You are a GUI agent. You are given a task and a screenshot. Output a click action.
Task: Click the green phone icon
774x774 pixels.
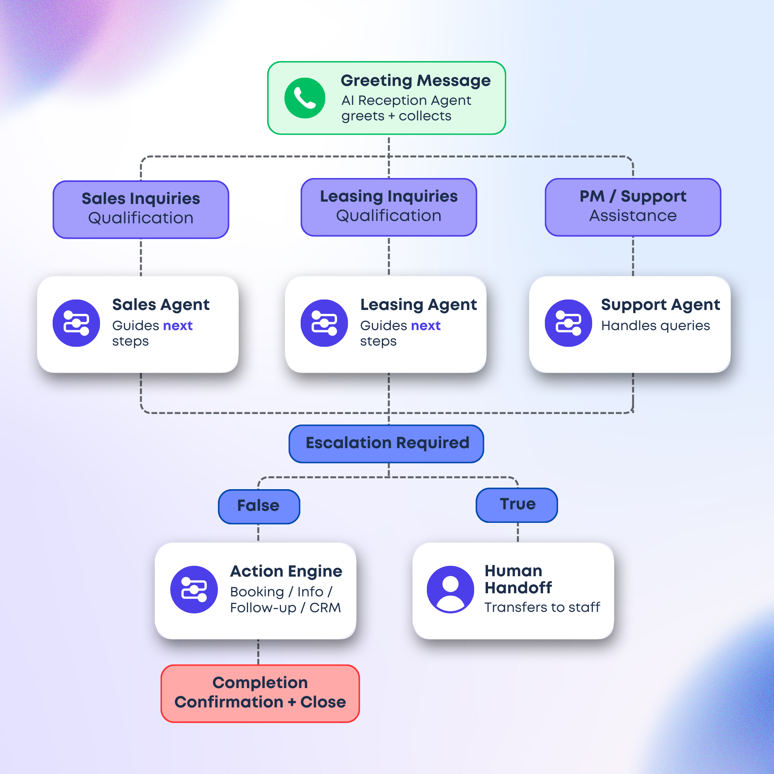305,98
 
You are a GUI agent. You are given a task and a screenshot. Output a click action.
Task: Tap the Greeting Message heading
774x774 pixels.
415,80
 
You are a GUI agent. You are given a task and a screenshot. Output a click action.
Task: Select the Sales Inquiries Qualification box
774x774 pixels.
140,209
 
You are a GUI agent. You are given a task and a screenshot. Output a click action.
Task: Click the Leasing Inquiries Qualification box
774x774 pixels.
389,207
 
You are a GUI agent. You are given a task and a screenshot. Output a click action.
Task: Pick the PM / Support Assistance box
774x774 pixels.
633,207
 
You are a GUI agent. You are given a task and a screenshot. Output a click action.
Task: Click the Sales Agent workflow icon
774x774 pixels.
76,323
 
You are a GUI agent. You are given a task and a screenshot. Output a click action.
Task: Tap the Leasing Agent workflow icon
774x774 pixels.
324,323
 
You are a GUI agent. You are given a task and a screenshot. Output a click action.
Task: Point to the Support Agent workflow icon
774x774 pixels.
568,323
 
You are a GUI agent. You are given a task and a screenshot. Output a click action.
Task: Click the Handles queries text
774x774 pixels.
656,326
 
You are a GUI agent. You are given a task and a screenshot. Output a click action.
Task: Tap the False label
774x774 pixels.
259,506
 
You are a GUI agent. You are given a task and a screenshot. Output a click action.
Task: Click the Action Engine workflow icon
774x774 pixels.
194,589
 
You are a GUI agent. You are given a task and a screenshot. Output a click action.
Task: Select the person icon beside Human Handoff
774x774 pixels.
450,589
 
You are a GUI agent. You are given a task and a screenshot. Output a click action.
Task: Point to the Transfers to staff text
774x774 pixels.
542,607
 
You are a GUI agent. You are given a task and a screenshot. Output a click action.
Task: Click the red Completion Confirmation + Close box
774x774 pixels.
260,694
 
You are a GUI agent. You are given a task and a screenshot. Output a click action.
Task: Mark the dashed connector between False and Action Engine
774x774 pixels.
259,533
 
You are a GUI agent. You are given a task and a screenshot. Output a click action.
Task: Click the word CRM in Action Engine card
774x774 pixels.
325,608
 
